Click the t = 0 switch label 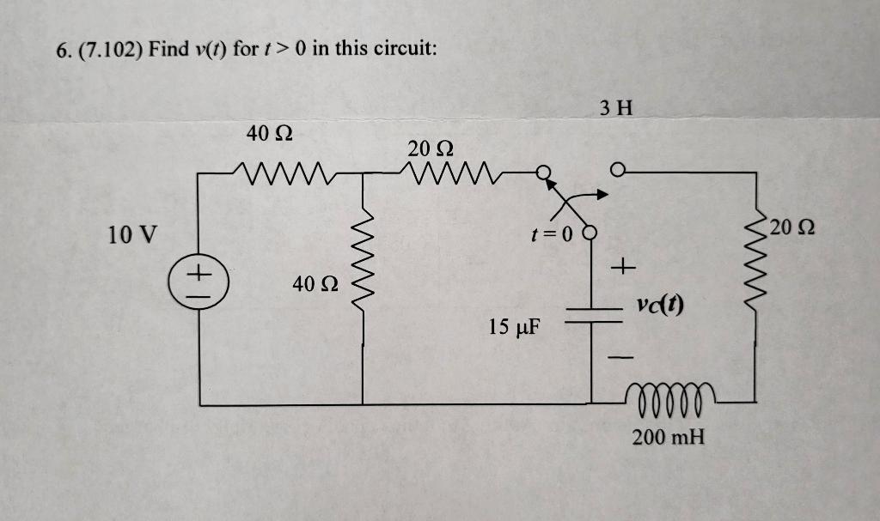551,232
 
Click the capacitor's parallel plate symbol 591,316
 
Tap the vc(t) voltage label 660,305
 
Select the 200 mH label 668,437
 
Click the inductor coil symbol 670,397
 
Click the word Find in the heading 167,49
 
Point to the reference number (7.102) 109,49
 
